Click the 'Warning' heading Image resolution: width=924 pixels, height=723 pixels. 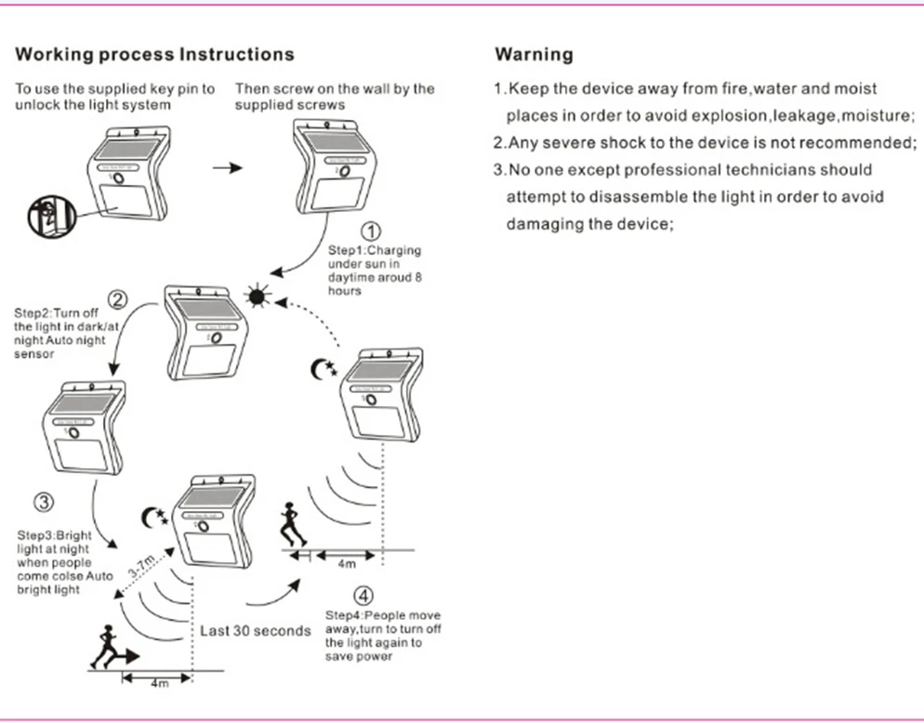pyautogui.click(x=534, y=54)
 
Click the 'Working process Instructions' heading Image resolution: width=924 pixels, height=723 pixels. pyautogui.click(x=154, y=54)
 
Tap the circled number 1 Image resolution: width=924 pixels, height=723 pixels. pyautogui.click(x=370, y=231)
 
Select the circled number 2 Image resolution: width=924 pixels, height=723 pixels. pyautogui.click(x=118, y=299)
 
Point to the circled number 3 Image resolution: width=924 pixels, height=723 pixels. pyautogui.click(x=44, y=502)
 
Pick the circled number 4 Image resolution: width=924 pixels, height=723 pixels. pyautogui.click(x=363, y=595)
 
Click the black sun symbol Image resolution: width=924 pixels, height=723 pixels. pyautogui.click(x=257, y=296)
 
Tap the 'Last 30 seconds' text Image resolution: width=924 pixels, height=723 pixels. pyautogui.click(x=255, y=631)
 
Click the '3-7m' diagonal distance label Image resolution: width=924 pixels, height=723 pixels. pyautogui.click(x=141, y=566)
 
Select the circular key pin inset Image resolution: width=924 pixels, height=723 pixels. pyautogui.click(x=52, y=217)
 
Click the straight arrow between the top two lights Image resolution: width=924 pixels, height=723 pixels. pyautogui.click(x=228, y=168)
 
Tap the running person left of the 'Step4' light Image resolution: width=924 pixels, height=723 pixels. pyautogui.click(x=292, y=524)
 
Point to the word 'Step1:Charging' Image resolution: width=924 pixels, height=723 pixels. pyautogui.click(x=375, y=250)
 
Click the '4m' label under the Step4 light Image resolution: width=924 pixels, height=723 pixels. pyautogui.click(x=347, y=564)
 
